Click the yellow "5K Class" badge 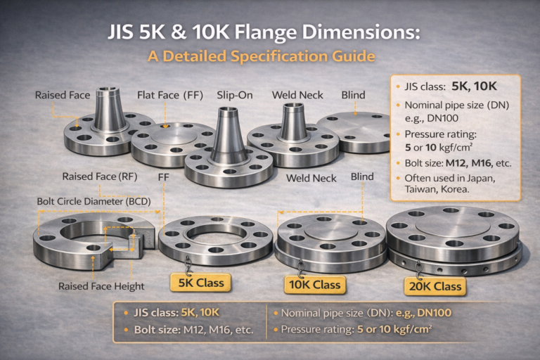tap(201, 283)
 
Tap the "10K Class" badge tap(316, 284)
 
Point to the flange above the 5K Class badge tap(214, 239)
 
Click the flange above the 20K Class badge tap(454, 236)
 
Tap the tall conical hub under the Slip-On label tap(229, 137)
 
